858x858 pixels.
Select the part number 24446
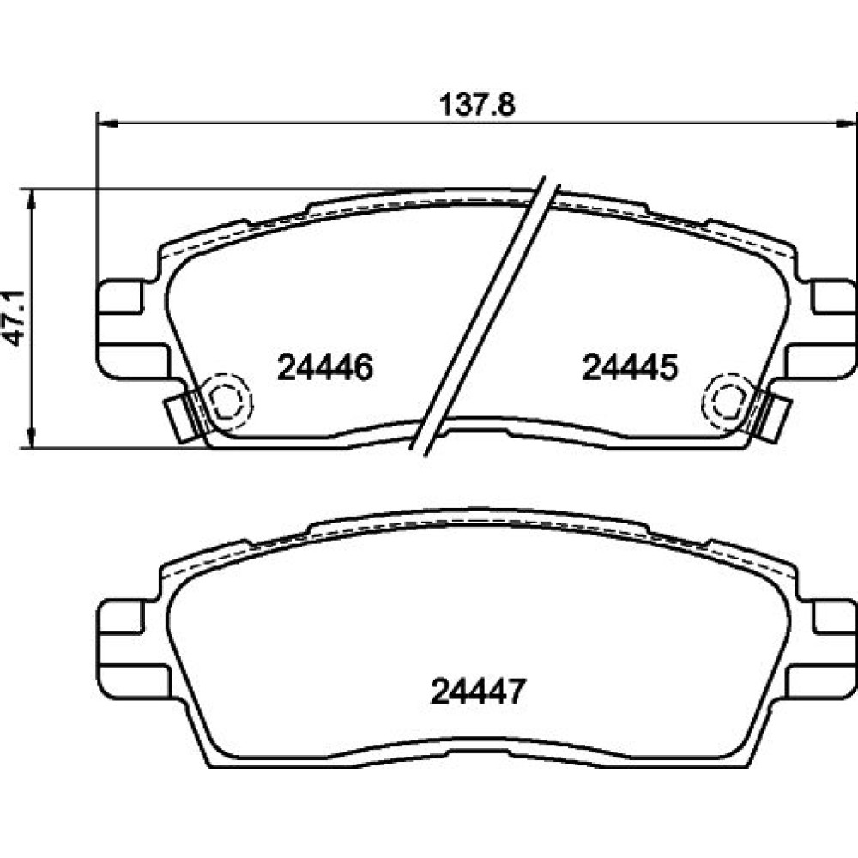click(x=325, y=367)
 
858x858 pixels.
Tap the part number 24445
click(x=630, y=367)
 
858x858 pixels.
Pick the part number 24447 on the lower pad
click(x=478, y=692)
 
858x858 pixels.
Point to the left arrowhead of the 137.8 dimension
click(x=107, y=124)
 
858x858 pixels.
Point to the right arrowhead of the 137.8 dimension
click(x=847, y=124)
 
